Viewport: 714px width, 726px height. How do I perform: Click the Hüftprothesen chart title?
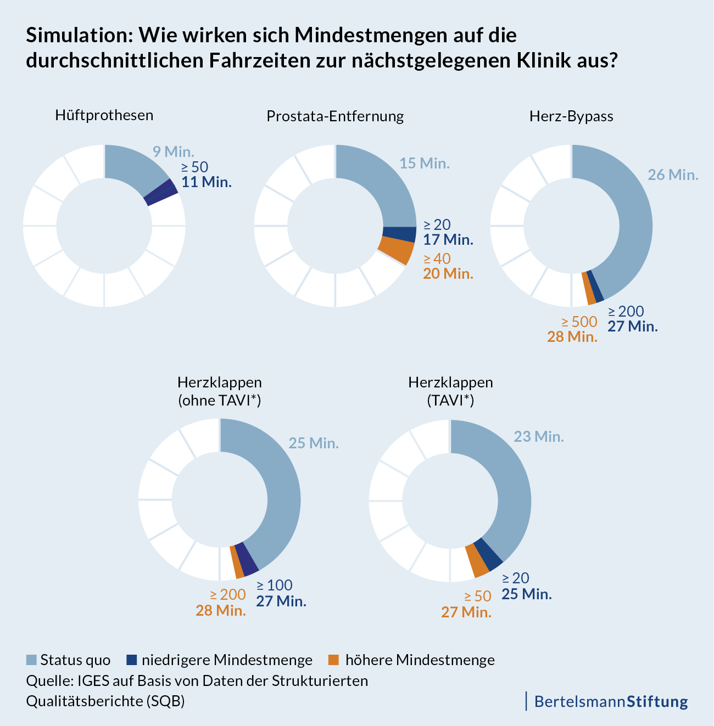(104, 115)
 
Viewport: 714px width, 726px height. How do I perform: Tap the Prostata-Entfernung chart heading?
(335, 116)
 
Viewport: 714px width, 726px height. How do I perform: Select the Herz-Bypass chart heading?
(571, 116)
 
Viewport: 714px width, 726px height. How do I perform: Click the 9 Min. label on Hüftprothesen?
(173, 152)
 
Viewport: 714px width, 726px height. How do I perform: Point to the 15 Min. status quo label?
(425, 164)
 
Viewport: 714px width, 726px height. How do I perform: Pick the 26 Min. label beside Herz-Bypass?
(673, 175)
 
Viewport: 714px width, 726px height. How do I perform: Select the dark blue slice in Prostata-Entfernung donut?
(399, 234)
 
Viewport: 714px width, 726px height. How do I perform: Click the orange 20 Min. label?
(448, 273)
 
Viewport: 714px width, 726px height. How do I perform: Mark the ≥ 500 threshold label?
(579, 322)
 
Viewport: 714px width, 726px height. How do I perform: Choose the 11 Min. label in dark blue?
(207, 182)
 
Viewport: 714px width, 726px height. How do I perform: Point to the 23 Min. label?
(539, 437)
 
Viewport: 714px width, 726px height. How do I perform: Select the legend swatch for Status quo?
(32, 660)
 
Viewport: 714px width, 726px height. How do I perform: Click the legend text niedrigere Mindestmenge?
(227, 660)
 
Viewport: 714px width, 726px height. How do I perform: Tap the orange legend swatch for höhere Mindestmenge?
(333, 660)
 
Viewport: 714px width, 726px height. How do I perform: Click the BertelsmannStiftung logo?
(611, 701)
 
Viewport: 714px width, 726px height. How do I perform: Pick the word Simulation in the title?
(79, 36)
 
